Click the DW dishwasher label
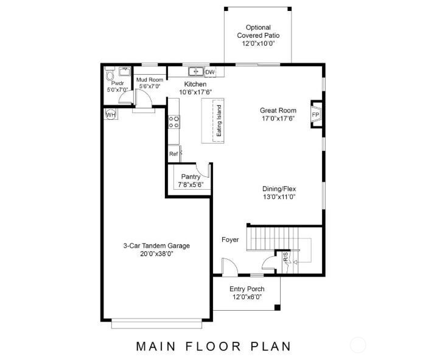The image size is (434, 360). [210, 72]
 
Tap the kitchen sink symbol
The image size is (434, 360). [196, 71]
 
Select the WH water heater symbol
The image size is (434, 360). [111, 114]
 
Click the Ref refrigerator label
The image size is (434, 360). [173, 154]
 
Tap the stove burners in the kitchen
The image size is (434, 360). [173, 122]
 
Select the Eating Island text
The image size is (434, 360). [219, 122]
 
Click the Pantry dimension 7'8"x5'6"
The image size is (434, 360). [191, 185]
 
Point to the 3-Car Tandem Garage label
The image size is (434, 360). [154, 246]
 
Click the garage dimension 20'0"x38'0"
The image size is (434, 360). [154, 255]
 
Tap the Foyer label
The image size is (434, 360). [230, 240]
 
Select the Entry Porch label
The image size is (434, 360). [247, 289]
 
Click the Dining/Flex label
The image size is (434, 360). [279, 189]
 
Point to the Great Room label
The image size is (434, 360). [278, 110]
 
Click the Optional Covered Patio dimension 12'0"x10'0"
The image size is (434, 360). [258, 44]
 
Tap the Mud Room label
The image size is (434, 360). [149, 80]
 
